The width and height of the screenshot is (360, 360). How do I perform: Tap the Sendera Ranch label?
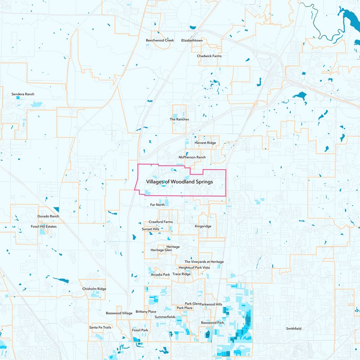[23, 94]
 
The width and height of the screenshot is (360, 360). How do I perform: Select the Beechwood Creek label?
[160, 40]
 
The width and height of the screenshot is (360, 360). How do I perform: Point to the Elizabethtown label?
[192, 40]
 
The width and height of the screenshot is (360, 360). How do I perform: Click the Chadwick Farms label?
[209, 56]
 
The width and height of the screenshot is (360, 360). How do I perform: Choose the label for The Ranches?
[179, 119]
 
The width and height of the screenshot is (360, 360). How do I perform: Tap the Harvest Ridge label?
[205, 143]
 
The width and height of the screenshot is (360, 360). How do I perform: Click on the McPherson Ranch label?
[192, 157]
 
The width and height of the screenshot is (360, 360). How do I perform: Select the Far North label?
[157, 205]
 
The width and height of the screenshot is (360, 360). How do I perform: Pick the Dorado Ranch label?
[48, 216]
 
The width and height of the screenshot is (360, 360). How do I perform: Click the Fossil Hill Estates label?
[44, 226]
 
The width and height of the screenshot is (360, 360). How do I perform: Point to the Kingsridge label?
[203, 226]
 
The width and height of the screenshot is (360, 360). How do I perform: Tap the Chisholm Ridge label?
[94, 288]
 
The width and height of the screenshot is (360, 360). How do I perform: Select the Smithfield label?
[293, 328]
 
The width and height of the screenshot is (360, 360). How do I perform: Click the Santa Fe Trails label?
[100, 327]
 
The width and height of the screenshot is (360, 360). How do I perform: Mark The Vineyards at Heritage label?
[204, 261]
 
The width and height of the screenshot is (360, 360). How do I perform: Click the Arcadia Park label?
[160, 274]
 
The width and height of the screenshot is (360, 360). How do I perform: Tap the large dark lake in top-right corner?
[349, 20]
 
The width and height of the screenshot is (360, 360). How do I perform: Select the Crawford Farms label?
[161, 222]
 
